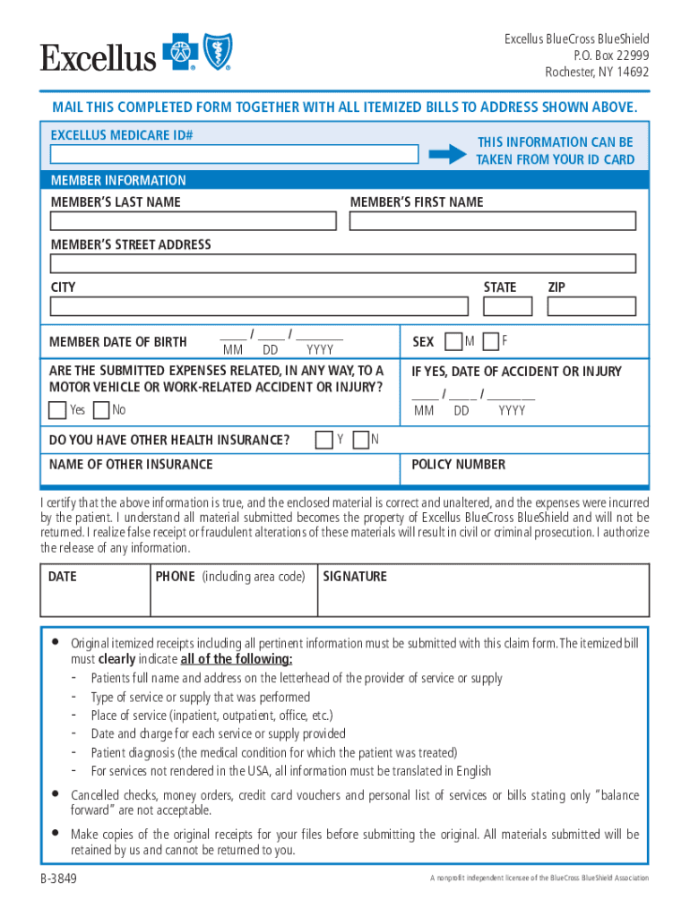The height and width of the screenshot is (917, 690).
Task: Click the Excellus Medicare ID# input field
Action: pos(234,154)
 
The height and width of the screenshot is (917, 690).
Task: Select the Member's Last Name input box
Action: pos(194,221)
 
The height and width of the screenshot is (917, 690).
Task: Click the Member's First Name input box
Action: pos(492,221)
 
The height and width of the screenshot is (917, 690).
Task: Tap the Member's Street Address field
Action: pos(343,263)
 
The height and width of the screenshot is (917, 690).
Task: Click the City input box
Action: pos(259,306)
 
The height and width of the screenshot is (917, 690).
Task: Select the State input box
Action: pos(507,306)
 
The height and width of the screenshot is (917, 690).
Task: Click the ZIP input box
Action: pos(591,306)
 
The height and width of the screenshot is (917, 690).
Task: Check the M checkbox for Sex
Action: pos(453,341)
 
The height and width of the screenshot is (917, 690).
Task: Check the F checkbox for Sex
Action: pos(490,341)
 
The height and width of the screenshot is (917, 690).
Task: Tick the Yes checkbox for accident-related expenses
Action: pos(57,410)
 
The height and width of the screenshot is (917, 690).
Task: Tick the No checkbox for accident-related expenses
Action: pos(100,410)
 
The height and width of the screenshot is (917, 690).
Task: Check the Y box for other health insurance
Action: pos(324,440)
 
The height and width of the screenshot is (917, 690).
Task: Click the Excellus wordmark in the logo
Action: pos(98,58)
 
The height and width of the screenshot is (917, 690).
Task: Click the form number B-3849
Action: pos(58,878)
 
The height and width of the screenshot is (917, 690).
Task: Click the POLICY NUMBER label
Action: pos(458,465)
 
